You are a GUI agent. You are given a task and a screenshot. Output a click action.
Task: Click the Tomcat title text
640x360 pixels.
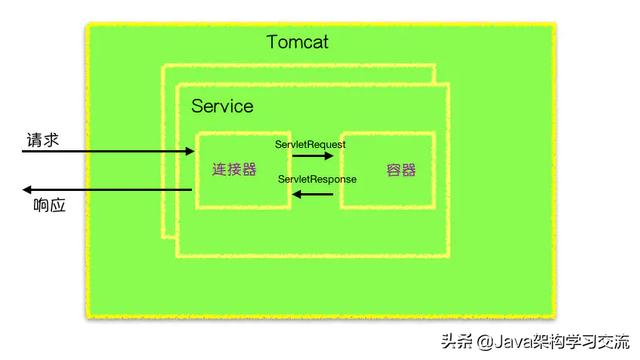point(297,42)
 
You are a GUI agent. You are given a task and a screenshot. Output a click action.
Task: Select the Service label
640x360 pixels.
point(222,105)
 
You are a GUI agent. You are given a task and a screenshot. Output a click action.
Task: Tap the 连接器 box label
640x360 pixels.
point(236,170)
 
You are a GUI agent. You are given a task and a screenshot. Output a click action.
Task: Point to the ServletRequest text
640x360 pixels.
point(310,144)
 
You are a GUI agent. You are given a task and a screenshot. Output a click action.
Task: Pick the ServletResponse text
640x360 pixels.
point(317,179)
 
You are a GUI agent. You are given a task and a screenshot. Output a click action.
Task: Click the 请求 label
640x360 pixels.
point(42,141)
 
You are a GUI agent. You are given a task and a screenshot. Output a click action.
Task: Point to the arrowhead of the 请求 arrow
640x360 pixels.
point(189,152)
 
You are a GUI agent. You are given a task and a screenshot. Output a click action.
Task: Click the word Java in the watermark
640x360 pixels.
point(516,340)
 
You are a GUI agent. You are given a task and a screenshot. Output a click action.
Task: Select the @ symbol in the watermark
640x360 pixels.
point(486,341)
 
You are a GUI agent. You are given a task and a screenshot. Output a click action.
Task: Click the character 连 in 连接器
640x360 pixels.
point(220,170)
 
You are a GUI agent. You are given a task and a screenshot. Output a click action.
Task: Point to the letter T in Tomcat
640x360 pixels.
point(273,42)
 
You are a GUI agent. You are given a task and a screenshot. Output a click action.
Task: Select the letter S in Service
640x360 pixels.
point(197,105)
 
